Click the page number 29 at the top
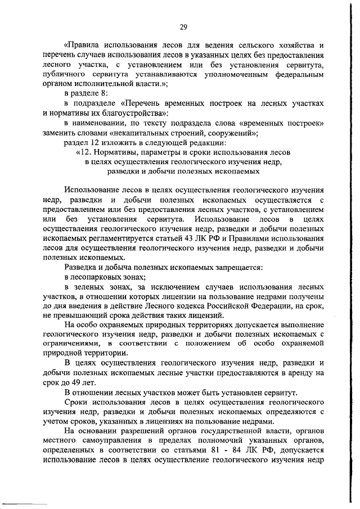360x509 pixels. pyautogui.click(x=183, y=26)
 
